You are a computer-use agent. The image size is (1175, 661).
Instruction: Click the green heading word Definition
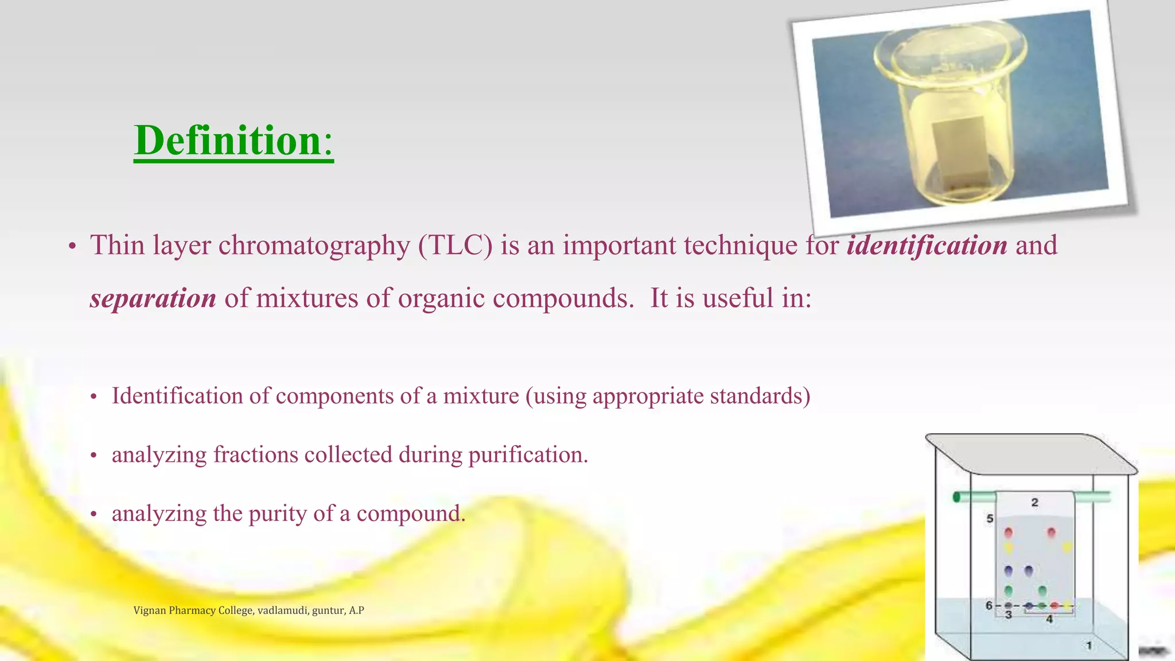[x=228, y=141]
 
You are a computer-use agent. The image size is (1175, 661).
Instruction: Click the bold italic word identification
[x=927, y=246]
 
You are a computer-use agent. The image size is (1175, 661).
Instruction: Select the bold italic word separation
[x=153, y=298]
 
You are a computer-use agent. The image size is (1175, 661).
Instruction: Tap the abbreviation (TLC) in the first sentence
[x=455, y=246]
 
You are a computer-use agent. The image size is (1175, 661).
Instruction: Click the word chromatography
[x=314, y=246]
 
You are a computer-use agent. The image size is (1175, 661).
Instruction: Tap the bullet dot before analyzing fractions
[x=94, y=456]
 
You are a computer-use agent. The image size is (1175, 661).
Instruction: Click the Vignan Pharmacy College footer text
[x=248, y=611]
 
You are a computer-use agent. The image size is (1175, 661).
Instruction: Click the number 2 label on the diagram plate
[x=1034, y=503]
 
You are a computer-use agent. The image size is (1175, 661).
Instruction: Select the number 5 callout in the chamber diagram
[x=990, y=519]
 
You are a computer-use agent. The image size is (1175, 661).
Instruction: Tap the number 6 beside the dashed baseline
[x=989, y=605]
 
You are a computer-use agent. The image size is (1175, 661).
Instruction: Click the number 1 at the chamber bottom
[x=1089, y=646]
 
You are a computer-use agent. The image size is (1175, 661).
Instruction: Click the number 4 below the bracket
[x=1049, y=619]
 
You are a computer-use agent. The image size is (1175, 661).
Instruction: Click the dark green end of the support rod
[x=956, y=497]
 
